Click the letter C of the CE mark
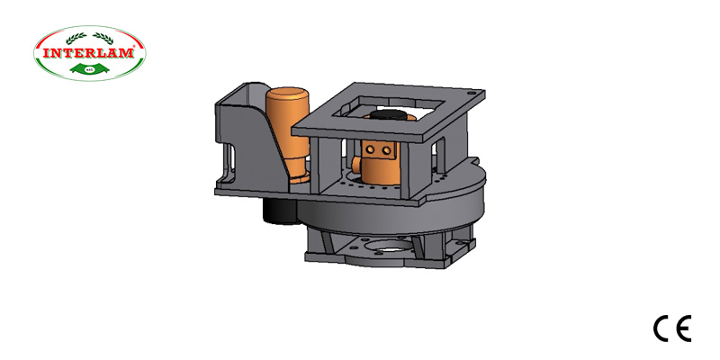[661, 329]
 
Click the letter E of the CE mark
[683, 329]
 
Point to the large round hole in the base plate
[392, 247]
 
